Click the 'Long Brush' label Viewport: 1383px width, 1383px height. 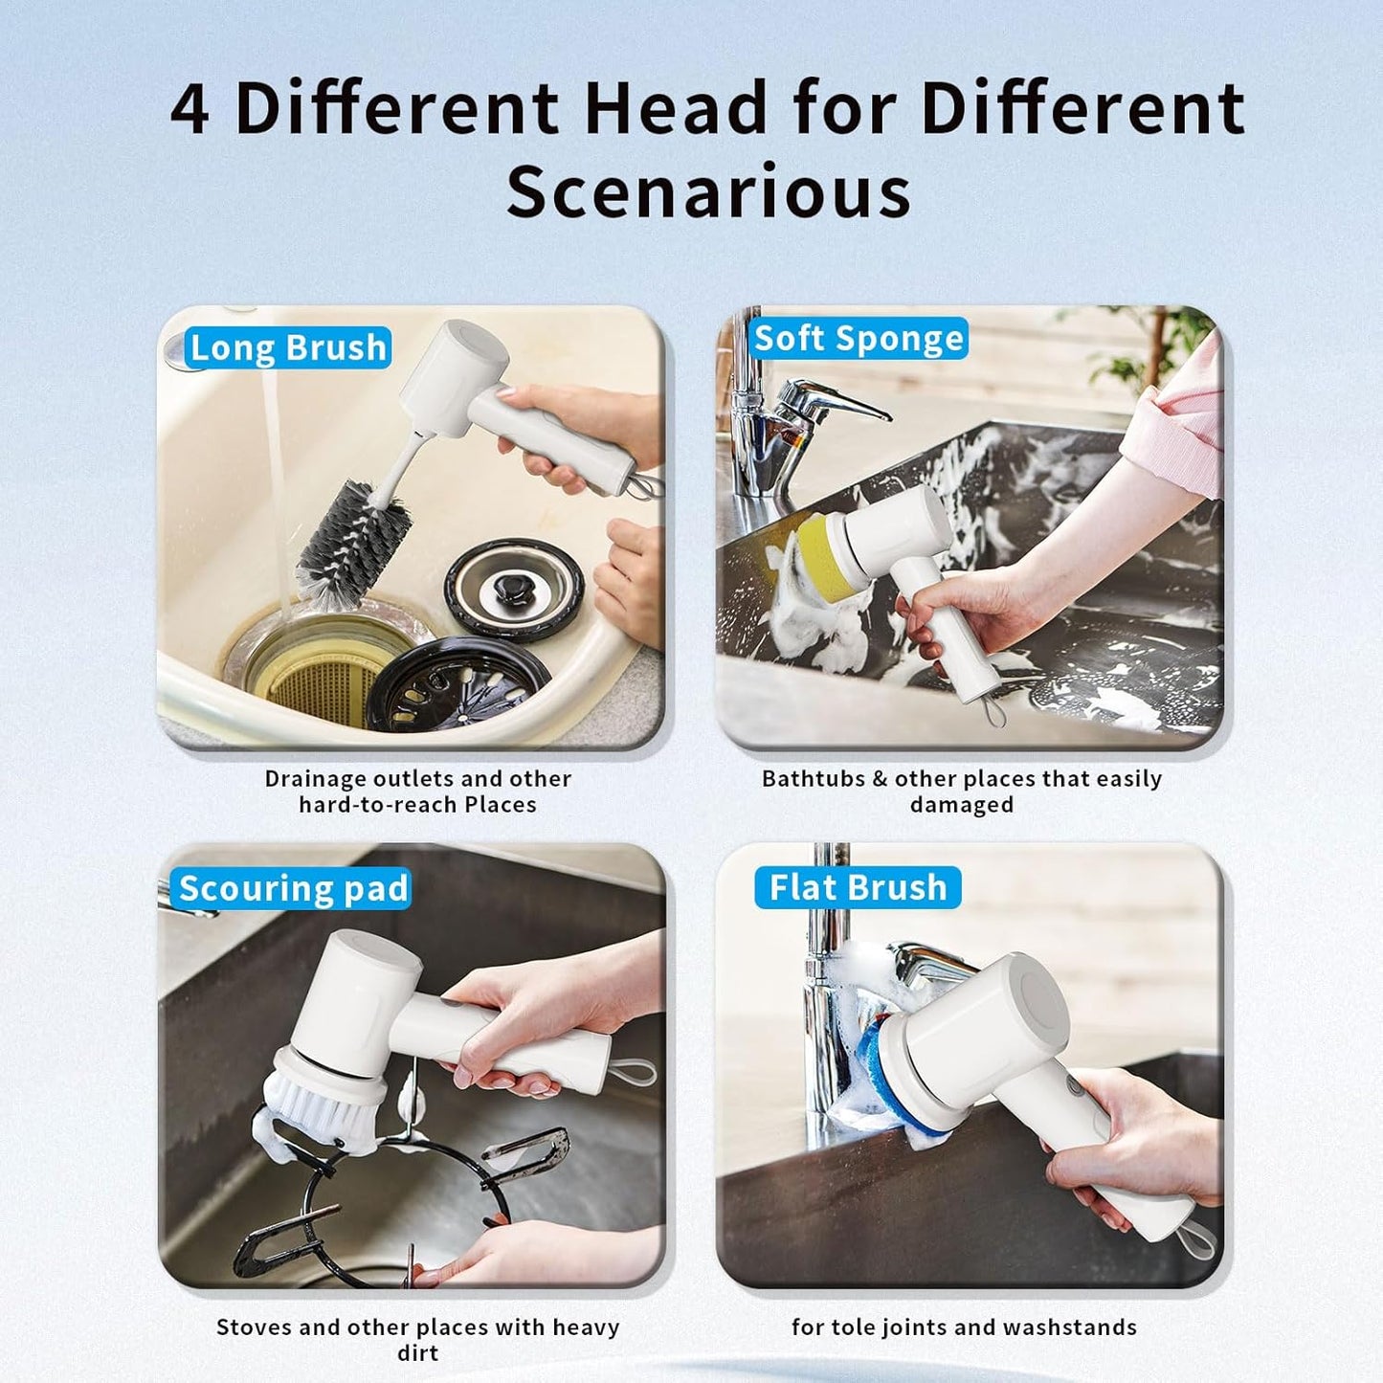(288, 348)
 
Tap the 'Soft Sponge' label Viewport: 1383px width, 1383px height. (859, 339)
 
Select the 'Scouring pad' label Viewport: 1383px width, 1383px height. (293, 889)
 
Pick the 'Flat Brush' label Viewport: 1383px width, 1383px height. (858, 888)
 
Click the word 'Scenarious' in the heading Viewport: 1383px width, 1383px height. (708, 192)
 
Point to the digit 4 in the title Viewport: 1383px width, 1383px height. (190, 109)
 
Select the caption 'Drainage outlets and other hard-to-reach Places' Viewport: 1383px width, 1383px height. (417, 792)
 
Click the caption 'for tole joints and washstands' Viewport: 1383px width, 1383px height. (964, 1327)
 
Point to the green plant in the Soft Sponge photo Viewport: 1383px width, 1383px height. (1149, 345)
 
